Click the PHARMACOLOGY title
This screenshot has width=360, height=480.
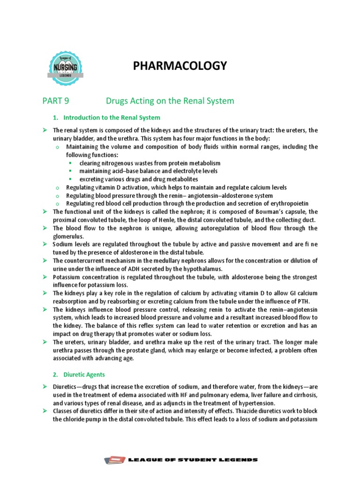180,66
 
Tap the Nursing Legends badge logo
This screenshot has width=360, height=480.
66,68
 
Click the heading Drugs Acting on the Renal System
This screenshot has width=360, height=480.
170,101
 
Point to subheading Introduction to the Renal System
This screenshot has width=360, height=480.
112,117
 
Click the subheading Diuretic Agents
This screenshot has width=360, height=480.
84,375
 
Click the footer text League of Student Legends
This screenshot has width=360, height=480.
193,460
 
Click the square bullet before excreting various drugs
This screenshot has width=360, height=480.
70,180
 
